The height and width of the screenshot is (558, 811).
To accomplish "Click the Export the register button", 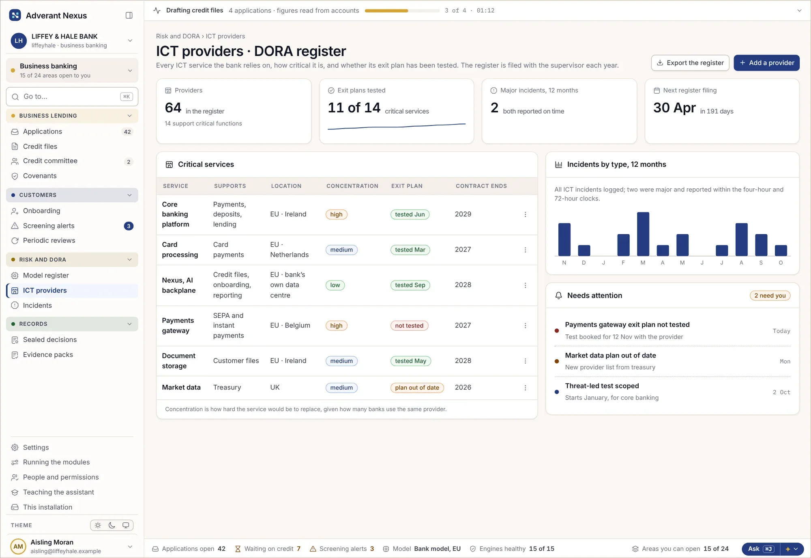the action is pos(690,63).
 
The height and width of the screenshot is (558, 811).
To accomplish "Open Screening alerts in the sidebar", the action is pos(49,226).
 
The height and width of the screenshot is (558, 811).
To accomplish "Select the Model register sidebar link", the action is pos(46,275).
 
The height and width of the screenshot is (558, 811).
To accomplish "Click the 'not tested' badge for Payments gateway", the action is pos(409,325).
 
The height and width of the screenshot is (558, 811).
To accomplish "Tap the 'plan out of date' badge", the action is pos(417,388).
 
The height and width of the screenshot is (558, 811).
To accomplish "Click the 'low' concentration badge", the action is pos(335,285).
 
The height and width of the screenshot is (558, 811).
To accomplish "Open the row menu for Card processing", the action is pos(525,250).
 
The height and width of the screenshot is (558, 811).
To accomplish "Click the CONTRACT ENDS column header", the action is pos(481,186).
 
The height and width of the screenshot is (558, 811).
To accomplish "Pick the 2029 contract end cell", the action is pos(463,214).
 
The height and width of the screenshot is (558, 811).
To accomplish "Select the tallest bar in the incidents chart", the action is pos(643,234).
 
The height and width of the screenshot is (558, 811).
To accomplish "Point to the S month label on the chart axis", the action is pos(761,263).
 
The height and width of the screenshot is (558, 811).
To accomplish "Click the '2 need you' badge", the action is pos(770,295).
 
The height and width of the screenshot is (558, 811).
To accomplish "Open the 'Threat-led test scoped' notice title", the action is pos(602,386).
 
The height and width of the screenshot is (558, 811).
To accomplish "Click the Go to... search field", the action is pos(72,97).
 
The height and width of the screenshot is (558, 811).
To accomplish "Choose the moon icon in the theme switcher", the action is pos(112,525).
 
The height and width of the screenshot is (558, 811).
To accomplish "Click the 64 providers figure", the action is pos(173,108).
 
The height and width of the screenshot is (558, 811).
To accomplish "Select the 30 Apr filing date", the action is pos(674,108).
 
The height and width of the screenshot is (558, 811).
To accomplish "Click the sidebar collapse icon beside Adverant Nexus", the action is pos(129,15).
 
